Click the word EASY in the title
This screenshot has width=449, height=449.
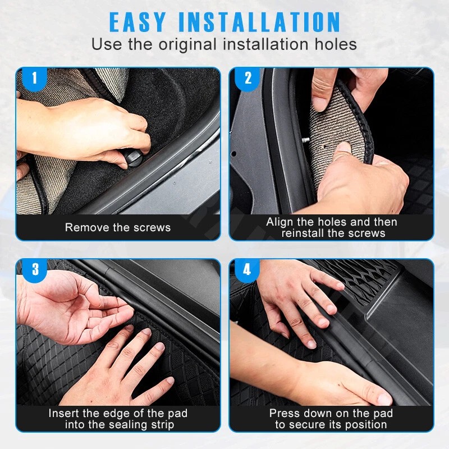(x=138, y=22)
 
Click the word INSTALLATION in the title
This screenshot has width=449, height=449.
(x=259, y=22)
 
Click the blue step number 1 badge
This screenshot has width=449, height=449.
(x=35, y=78)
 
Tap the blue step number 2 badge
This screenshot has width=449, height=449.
(x=248, y=78)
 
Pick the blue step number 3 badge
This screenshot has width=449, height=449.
(x=35, y=269)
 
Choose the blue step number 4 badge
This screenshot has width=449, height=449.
(x=247, y=269)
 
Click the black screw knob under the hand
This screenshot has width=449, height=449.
(x=134, y=158)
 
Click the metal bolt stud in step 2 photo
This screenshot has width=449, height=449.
(x=305, y=140)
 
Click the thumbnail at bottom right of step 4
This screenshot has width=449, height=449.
(x=384, y=399)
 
